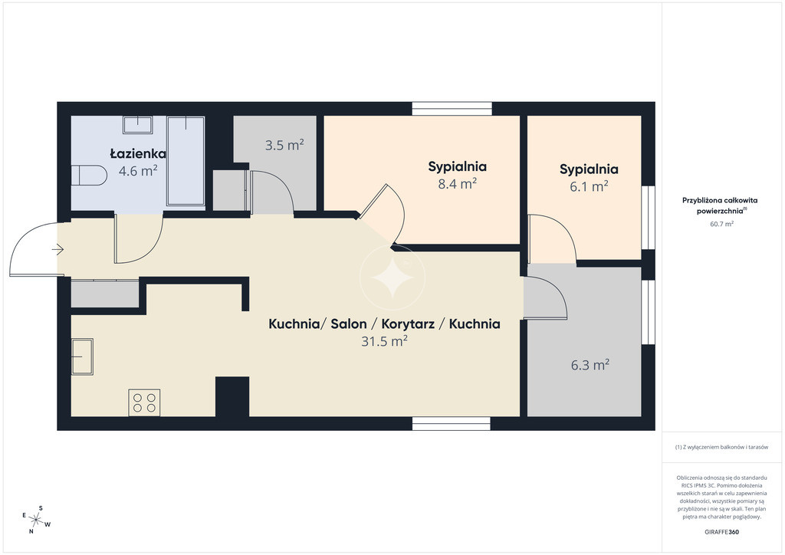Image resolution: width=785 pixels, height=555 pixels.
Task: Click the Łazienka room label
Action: (x=138, y=153)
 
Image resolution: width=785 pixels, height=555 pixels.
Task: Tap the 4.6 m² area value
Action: (x=138, y=171)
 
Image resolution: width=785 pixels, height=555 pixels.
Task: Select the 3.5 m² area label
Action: (x=284, y=145)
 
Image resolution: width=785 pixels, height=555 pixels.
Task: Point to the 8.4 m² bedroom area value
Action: (x=457, y=184)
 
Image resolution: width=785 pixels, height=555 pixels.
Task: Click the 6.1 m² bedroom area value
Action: (x=589, y=186)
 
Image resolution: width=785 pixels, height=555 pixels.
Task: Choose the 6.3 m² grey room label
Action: (x=590, y=365)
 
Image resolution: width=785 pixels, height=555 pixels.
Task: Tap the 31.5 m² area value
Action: (x=384, y=341)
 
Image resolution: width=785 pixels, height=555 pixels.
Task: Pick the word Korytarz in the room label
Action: (x=408, y=323)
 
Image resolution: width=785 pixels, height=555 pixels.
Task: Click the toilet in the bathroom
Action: (x=89, y=175)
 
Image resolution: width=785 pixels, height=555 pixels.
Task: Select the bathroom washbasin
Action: (x=138, y=125)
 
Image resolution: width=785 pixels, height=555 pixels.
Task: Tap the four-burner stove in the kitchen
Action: (x=144, y=402)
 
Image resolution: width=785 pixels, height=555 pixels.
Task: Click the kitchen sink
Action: (x=82, y=356)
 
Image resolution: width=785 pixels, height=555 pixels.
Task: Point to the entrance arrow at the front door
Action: (x=57, y=248)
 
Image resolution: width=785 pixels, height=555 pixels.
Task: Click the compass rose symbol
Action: (x=37, y=520)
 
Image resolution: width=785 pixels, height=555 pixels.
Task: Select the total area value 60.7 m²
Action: (x=721, y=224)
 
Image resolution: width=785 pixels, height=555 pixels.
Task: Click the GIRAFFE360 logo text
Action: (x=721, y=532)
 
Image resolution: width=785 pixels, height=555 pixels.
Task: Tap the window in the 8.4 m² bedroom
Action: (x=452, y=109)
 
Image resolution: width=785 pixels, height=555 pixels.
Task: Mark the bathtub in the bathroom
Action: (x=186, y=161)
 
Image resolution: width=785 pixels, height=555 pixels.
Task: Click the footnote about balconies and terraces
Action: (x=721, y=447)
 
